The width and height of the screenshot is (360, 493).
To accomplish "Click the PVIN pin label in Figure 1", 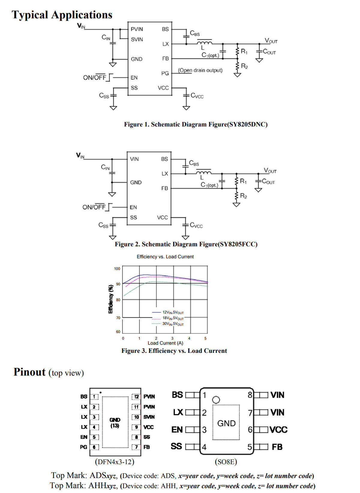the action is click(137, 29).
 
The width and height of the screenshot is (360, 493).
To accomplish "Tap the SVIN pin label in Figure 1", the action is click(137, 39).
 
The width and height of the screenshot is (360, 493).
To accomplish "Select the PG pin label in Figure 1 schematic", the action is click(165, 73).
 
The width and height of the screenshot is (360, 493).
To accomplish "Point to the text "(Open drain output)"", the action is click(200, 70).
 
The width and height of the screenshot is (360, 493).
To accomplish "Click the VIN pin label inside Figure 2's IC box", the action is click(134, 159).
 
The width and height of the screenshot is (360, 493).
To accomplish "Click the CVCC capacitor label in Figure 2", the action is click(196, 225).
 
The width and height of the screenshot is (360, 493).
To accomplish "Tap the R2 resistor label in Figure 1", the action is click(244, 66).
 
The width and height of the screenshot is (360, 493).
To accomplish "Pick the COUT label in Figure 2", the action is click(268, 181).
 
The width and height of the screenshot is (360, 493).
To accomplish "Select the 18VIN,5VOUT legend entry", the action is click(168, 318).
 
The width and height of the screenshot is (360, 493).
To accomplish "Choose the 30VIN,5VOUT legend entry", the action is click(168, 324).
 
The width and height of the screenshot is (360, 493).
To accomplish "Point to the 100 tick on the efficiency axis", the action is click(117, 269).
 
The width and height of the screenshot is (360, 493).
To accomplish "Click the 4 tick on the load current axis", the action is click(189, 338).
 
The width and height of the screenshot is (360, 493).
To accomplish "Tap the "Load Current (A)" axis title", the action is click(165, 343).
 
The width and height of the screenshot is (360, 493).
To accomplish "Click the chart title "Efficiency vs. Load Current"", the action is click(165, 257).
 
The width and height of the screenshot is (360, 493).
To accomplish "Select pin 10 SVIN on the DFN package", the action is click(143, 417).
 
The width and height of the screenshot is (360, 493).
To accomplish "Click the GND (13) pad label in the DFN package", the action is click(115, 422).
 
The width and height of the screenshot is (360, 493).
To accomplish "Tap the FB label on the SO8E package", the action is click(277, 447).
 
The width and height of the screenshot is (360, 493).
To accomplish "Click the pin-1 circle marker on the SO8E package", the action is click(216, 399).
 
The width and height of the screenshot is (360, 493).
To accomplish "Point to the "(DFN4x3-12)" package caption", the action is click(114, 461).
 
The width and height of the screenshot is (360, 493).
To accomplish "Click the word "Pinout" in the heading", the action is click(29, 372).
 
